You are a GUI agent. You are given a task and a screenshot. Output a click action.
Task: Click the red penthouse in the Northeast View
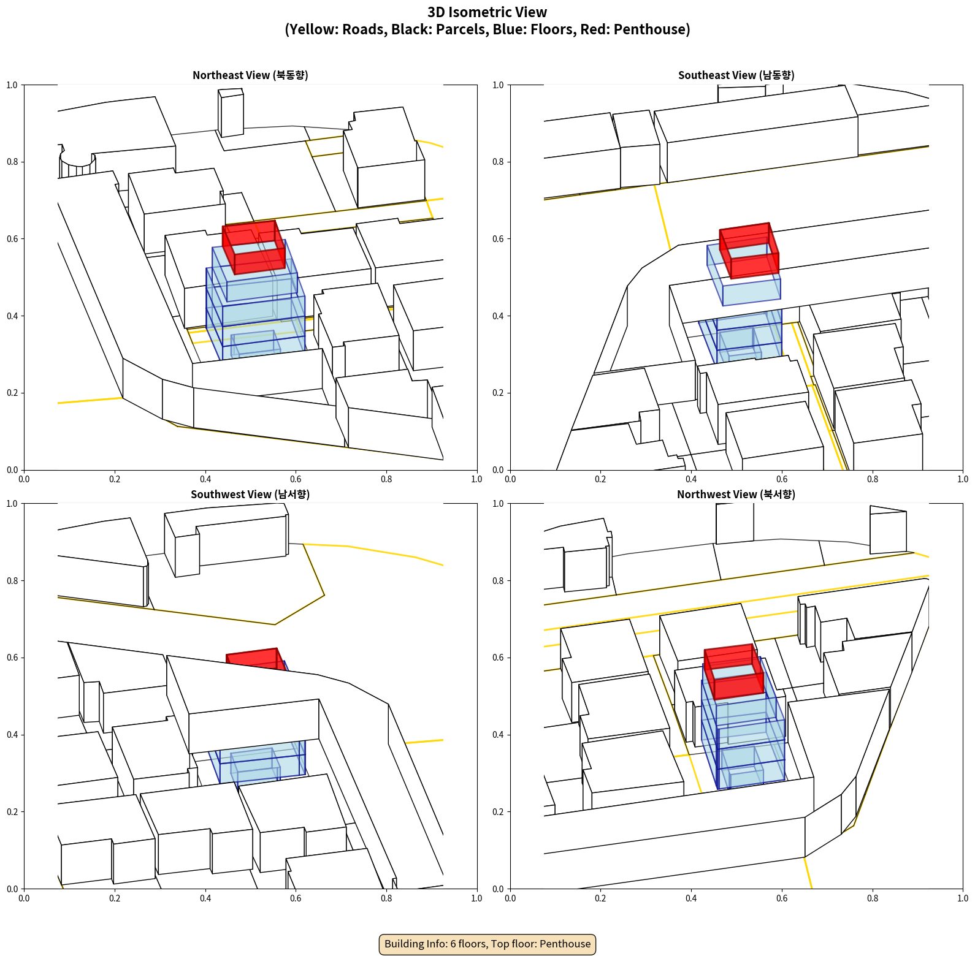point(253,247)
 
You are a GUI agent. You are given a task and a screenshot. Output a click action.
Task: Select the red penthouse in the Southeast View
point(749,251)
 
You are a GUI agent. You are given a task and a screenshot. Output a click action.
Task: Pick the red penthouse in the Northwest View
point(734,672)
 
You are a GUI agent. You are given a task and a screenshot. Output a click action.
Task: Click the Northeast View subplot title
point(250,75)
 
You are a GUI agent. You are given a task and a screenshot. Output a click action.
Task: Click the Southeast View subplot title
point(736,75)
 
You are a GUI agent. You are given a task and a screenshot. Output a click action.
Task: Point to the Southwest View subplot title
point(250,494)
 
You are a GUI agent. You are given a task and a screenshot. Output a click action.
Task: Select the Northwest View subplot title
point(736,494)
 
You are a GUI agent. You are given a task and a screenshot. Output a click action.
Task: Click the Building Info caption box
point(487,944)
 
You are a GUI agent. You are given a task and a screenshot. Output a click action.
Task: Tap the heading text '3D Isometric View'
point(487,12)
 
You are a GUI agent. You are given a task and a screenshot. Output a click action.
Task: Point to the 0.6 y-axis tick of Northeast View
point(13,239)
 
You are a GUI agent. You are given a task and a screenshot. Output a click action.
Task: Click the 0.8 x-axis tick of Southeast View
point(873,479)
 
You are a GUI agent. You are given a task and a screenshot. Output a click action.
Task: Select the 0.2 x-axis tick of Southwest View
point(115,898)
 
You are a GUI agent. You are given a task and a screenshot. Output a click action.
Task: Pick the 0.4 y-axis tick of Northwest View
point(499,735)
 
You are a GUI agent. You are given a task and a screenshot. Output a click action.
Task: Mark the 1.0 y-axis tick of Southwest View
point(13,504)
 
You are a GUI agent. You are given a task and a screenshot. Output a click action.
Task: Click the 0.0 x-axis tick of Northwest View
point(510,898)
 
